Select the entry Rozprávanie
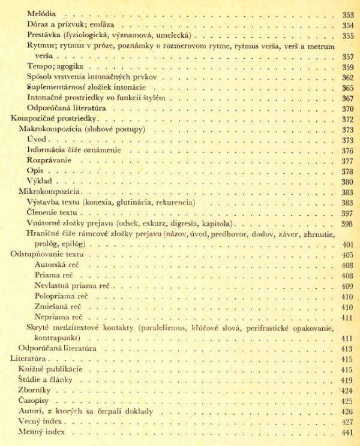[x=48, y=161]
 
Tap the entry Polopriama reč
[x=63, y=296]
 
